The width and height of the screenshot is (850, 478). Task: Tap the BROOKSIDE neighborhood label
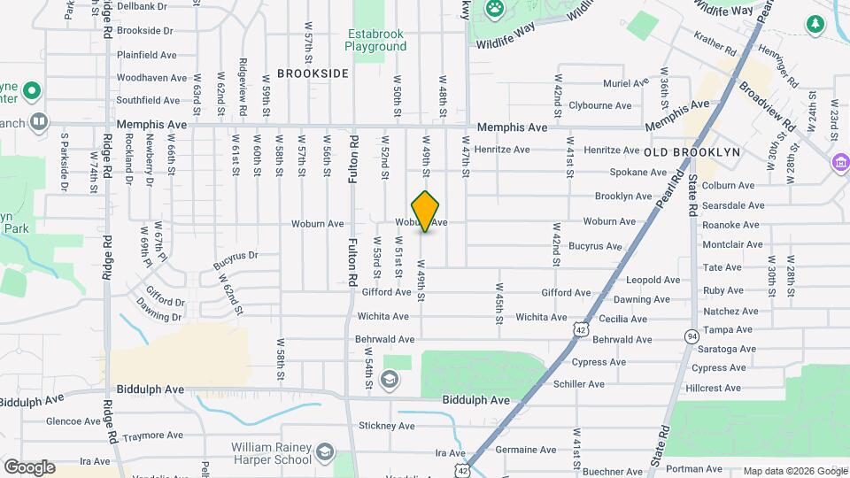click(313, 73)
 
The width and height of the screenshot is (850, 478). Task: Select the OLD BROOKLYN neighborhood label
click(692, 152)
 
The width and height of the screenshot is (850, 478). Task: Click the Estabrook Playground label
click(375, 40)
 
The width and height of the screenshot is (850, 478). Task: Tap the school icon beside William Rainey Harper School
click(325, 453)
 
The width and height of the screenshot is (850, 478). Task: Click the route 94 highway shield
click(692, 335)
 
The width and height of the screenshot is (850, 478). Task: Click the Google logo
click(29, 466)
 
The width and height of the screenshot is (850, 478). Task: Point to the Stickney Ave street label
click(382, 426)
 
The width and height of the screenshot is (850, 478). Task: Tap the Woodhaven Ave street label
click(151, 78)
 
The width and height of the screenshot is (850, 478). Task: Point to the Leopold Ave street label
click(653, 280)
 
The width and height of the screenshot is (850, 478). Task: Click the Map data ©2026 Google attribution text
click(794, 471)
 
